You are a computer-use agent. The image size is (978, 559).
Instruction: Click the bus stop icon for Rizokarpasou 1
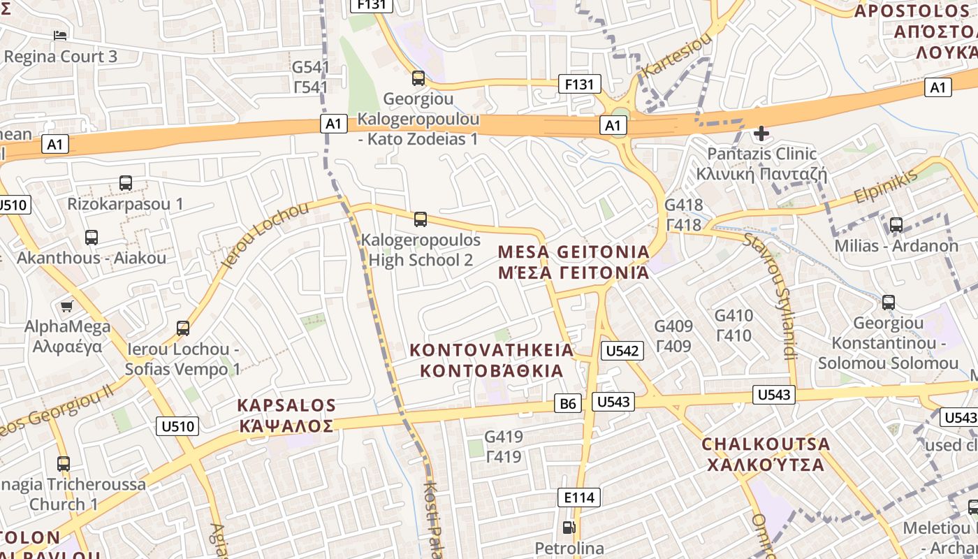(x=126, y=183)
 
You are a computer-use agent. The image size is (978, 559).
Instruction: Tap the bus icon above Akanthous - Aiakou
(x=92, y=237)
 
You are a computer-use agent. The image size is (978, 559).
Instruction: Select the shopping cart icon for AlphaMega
(x=67, y=306)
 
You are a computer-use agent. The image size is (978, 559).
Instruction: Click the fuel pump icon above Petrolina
(x=569, y=528)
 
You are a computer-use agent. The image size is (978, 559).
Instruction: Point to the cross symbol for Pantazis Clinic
(x=761, y=133)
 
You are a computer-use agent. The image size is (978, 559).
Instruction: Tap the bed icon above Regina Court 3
(x=61, y=36)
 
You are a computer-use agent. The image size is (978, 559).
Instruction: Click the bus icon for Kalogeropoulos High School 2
(x=420, y=219)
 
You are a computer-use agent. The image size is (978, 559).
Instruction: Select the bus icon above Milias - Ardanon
(x=896, y=225)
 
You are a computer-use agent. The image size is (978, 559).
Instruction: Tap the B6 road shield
(x=569, y=403)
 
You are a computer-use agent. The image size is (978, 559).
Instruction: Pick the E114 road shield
(x=579, y=498)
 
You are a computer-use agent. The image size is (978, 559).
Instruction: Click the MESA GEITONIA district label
(x=574, y=261)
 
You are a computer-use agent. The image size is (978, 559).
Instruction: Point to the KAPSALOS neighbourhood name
(x=286, y=415)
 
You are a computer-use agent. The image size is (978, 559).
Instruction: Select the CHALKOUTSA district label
(x=766, y=453)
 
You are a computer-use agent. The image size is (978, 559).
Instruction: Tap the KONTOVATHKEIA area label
(x=491, y=359)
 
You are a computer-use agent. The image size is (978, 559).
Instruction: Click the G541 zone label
(x=310, y=77)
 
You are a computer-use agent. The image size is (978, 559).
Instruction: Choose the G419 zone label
(x=504, y=447)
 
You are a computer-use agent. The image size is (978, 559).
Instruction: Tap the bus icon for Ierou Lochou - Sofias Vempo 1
(x=183, y=328)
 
